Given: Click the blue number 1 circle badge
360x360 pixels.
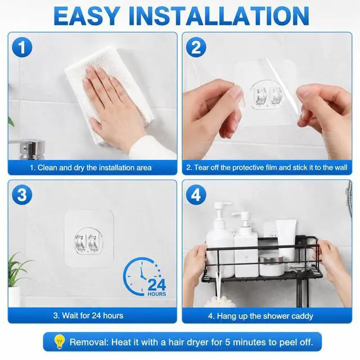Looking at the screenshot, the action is click(x=22, y=47).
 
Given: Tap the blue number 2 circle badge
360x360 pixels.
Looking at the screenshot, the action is click(x=196, y=47).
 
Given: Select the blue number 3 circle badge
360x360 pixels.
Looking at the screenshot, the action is click(x=22, y=195).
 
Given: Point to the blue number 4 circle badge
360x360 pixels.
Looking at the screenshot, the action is click(x=196, y=195).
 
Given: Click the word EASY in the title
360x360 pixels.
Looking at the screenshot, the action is click(x=87, y=16).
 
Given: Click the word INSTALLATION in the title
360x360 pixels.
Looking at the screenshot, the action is click(x=219, y=16).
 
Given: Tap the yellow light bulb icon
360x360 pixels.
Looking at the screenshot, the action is click(x=59, y=342).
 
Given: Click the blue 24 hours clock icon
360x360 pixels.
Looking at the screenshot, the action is click(x=144, y=277).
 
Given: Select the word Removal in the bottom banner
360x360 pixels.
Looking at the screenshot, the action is click(x=89, y=342).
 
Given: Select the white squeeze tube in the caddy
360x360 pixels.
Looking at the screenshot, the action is click(x=286, y=241).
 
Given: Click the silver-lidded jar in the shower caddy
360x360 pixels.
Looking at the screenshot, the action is click(x=272, y=266).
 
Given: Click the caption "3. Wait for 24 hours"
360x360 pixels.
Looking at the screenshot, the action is click(x=88, y=316).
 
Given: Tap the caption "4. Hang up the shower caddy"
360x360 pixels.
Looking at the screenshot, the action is click(x=260, y=316).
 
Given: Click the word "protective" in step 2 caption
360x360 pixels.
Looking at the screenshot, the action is click(x=247, y=168).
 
